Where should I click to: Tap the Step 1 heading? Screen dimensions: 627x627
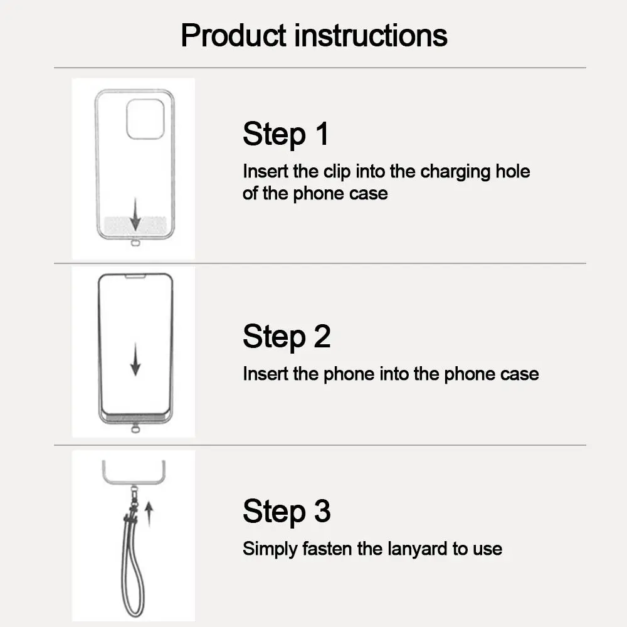pyautogui.click(x=285, y=134)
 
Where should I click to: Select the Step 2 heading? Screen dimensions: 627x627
pyautogui.click(x=286, y=337)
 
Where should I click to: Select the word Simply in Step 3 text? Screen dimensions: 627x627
pyautogui.click(x=270, y=549)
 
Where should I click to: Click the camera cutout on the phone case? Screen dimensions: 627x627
pyautogui.click(x=145, y=119)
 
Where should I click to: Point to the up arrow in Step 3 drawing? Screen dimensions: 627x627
pyautogui.click(x=149, y=513)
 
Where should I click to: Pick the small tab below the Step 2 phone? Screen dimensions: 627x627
pyautogui.click(x=135, y=429)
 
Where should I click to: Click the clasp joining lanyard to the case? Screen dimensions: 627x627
pyautogui.click(x=134, y=498)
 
